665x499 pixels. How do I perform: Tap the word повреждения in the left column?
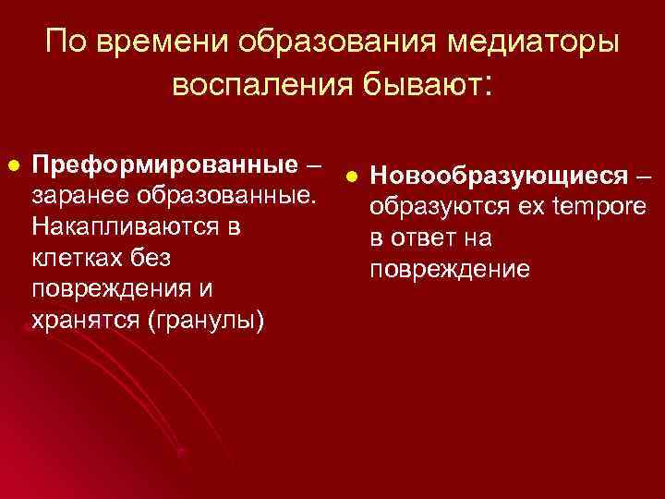[x=112, y=289]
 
